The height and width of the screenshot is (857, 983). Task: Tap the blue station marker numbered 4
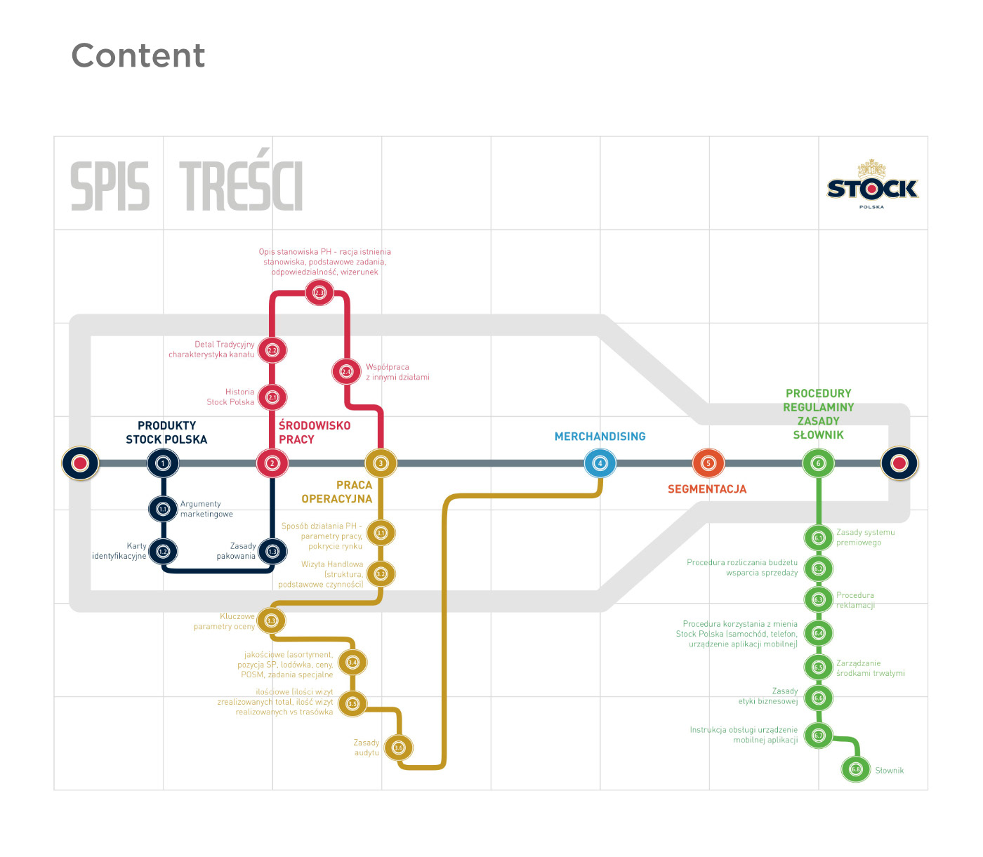pos(600,463)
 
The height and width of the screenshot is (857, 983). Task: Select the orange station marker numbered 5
pos(708,463)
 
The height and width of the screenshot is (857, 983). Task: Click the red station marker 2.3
pos(319,292)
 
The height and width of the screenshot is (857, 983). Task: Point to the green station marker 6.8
pos(855,769)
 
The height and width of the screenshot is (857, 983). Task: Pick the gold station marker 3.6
pos(399,748)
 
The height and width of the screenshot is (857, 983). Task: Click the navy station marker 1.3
pos(272,551)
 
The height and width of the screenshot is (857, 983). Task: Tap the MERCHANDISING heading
pos(600,437)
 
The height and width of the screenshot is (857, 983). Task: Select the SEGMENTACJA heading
pos(706,489)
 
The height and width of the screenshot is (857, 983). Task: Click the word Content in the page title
pos(138,55)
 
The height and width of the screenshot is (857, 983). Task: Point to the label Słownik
pos(889,771)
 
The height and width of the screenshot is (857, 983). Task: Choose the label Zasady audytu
pos(367,748)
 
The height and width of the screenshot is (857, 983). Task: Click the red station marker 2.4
pos(346,371)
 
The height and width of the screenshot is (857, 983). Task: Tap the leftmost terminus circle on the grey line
pos(80,463)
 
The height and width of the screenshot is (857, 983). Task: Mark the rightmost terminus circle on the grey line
pos(899,463)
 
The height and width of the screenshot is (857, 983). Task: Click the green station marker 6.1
pos(818,538)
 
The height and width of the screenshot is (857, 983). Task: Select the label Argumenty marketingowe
pos(206,509)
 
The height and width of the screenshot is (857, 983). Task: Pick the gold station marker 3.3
pos(271,620)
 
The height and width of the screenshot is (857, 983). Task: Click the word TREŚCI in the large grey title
pos(241,186)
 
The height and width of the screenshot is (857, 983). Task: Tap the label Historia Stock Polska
pos(231,397)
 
